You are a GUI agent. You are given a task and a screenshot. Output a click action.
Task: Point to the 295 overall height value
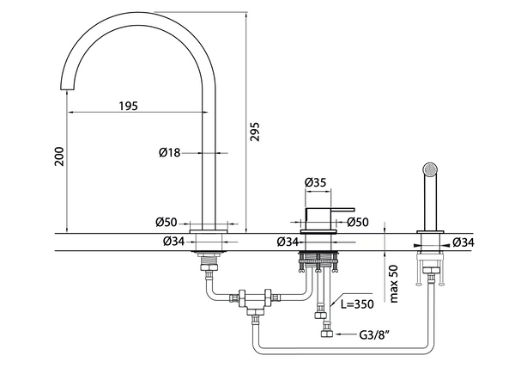coord(255,129)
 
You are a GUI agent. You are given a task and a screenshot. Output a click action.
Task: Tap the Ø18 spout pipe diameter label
coord(169,153)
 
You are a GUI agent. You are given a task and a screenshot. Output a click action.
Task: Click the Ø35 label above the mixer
coord(316,182)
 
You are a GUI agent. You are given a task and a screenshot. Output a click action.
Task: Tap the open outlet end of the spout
coord(68,89)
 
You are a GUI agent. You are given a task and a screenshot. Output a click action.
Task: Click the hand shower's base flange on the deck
coord(429,232)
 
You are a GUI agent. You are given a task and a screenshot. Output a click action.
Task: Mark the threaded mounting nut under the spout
coord(209,256)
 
